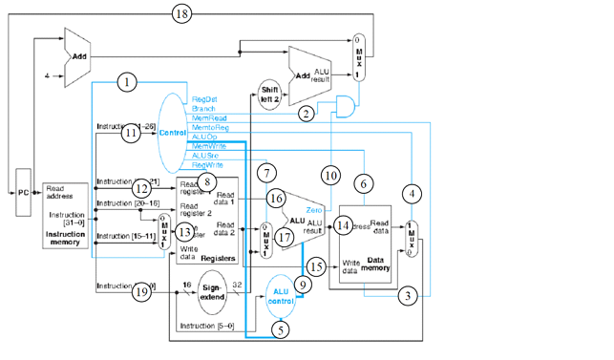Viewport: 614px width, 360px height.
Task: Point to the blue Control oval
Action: tap(172, 132)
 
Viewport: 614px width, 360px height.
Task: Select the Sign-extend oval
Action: tap(217, 293)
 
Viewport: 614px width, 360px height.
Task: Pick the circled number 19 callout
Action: tap(141, 291)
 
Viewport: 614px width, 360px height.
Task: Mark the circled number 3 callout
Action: tap(407, 296)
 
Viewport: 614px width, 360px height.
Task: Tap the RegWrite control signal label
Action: tap(208, 164)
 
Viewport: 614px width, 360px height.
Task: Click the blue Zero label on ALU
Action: tap(317, 208)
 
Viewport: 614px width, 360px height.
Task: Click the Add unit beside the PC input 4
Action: tap(77, 56)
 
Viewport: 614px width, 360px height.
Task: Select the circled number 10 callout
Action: tap(330, 175)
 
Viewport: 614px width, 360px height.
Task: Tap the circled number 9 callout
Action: tap(303, 283)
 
